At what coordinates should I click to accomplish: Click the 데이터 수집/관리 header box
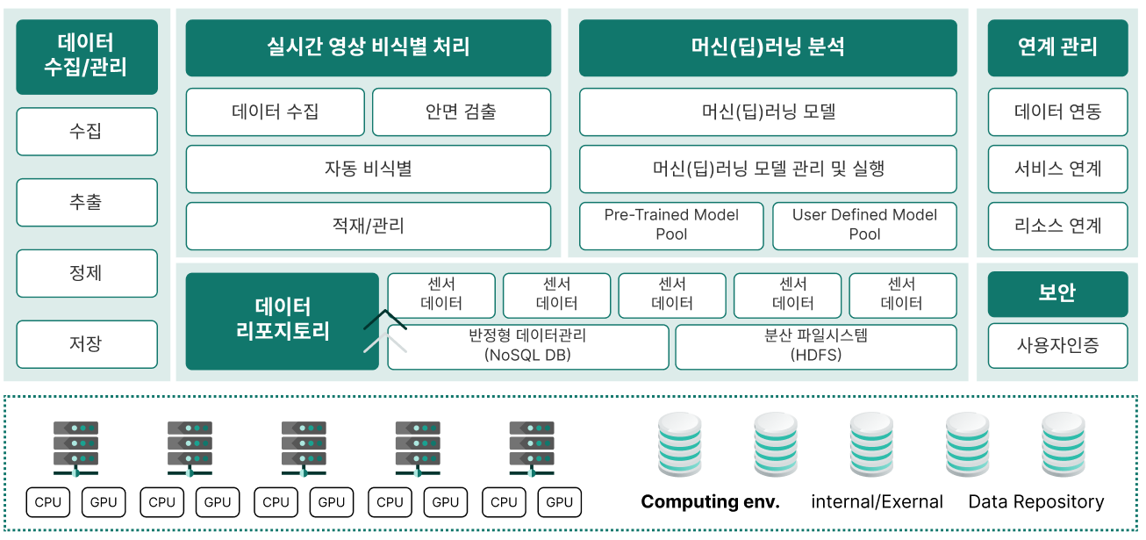point(87,56)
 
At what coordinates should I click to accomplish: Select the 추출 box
point(87,202)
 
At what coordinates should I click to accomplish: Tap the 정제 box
point(87,273)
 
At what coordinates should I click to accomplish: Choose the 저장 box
point(87,344)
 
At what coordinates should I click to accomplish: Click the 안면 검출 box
point(462,112)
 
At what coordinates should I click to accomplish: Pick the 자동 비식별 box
point(369,169)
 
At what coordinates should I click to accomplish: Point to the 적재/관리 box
point(369,226)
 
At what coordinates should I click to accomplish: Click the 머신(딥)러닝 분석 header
point(768,47)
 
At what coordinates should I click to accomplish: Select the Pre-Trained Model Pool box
point(671,225)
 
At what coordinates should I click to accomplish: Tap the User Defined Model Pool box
point(864,225)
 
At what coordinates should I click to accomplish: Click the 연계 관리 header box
point(1057,47)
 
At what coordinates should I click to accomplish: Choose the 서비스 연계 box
point(1057,169)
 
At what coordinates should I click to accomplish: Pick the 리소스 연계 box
point(1057,226)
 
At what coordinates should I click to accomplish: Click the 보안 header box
point(1057,293)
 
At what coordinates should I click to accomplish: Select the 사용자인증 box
point(1057,345)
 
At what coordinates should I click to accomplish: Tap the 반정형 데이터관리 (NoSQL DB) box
point(528,346)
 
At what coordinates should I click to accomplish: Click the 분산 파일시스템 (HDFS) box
point(816,346)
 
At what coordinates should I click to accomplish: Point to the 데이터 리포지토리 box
point(283,320)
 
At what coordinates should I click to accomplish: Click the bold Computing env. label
point(710,502)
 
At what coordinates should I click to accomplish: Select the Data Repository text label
point(1035,502)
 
